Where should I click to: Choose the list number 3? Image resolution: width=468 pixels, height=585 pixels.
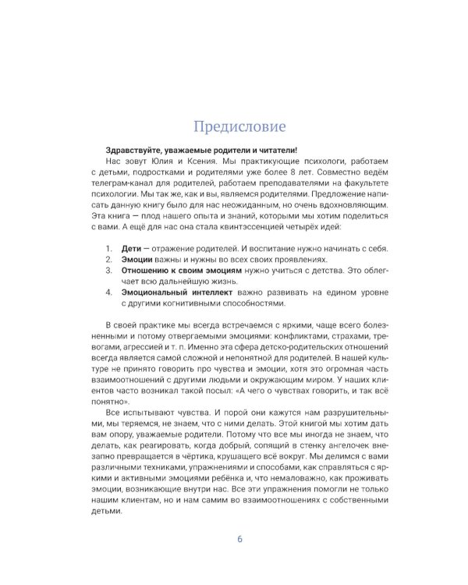click(x=108, y=273)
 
